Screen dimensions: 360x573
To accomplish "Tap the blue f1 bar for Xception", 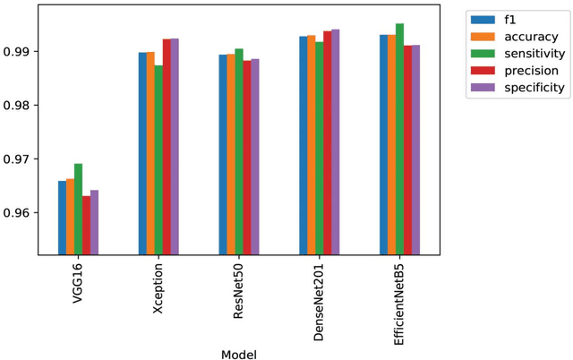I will [142, 153].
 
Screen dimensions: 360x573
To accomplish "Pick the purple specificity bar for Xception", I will [175, 147].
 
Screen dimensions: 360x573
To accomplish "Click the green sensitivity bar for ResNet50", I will [239, 152].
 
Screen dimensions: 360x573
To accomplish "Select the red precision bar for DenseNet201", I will [327, 143].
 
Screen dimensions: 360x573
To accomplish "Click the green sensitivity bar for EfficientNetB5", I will [399, 140].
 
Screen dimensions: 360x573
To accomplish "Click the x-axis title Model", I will [238, 355].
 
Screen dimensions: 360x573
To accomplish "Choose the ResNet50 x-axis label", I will [239, 287].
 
